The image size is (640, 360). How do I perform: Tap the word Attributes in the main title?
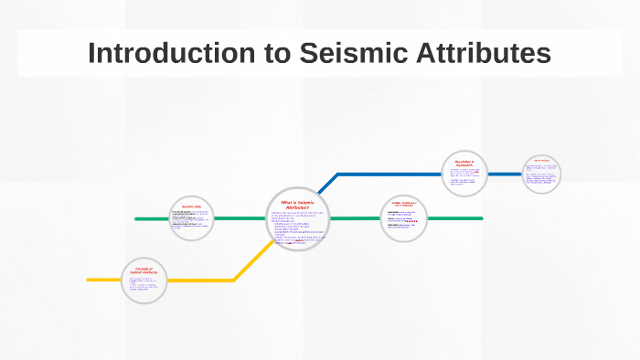475,53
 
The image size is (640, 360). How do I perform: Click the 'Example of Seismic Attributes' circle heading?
144,270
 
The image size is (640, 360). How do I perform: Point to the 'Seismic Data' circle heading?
191,207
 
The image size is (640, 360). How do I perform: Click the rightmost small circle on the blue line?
541,174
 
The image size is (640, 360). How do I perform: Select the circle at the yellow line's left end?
144,280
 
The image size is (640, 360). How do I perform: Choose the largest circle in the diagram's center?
297,219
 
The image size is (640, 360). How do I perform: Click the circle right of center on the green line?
403,219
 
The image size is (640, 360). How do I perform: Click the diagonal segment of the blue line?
326,184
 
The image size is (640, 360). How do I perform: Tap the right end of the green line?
481,219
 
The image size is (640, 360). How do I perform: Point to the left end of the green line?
137,219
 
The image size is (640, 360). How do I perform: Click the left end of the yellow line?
90,280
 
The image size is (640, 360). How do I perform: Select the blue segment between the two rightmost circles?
506,174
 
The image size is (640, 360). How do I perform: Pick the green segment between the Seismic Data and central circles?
240,219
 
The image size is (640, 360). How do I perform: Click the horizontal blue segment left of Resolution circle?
389,174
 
